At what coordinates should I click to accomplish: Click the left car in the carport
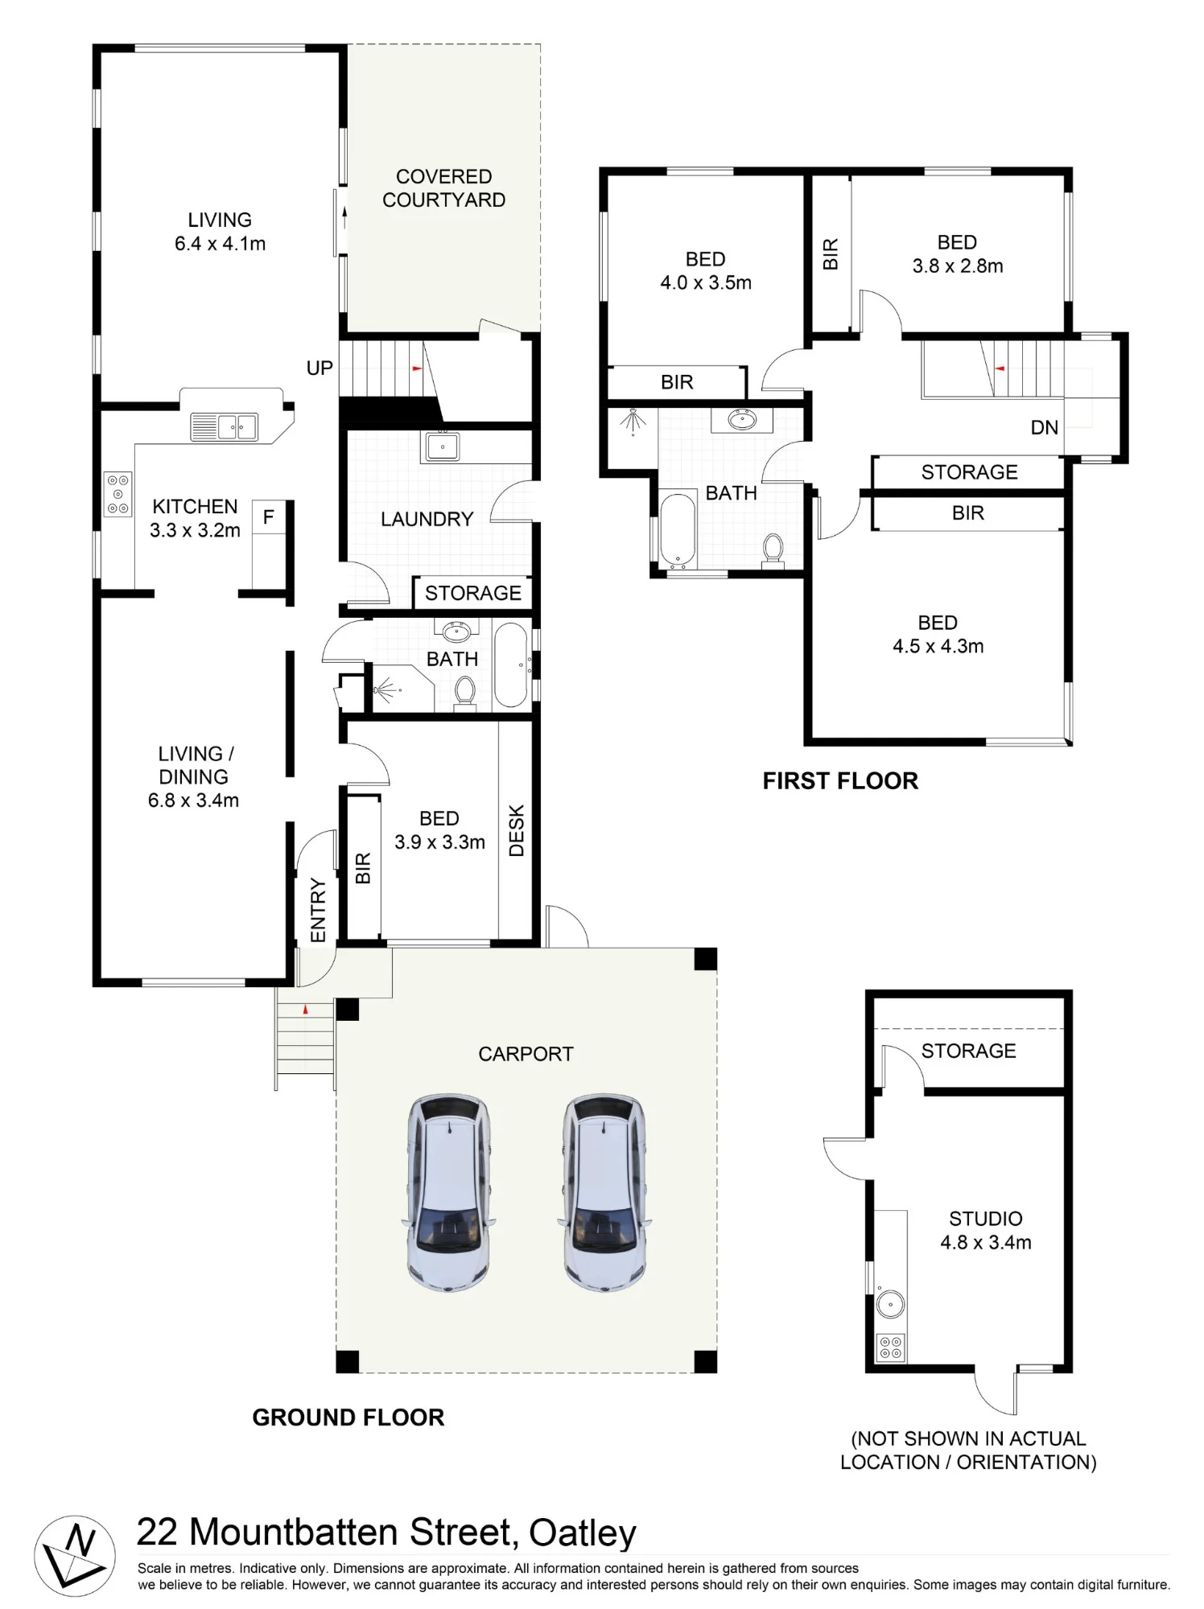(447, 1192)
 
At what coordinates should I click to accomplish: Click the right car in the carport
(604, 1192)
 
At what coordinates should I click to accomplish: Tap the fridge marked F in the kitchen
(269, 545)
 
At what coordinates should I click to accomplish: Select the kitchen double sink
(225, 426)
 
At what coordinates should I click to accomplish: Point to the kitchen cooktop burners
(118, 494)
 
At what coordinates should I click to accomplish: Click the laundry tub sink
(441, 446)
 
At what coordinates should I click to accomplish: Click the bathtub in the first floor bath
(677, 530)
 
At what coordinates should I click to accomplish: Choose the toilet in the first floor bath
(773, 551)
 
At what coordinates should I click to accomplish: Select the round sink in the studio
(890, 1304)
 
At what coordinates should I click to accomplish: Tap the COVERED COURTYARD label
(443, 188)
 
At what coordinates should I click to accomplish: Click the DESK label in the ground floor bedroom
(517, 831)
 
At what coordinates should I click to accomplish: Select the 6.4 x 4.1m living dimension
(221, 243)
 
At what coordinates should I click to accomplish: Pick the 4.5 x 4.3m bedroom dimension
(938, 646)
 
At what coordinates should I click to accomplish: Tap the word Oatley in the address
(583, 1533)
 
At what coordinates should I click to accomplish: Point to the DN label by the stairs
(1045, 428)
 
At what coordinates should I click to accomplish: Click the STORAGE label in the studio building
(969, 1051)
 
